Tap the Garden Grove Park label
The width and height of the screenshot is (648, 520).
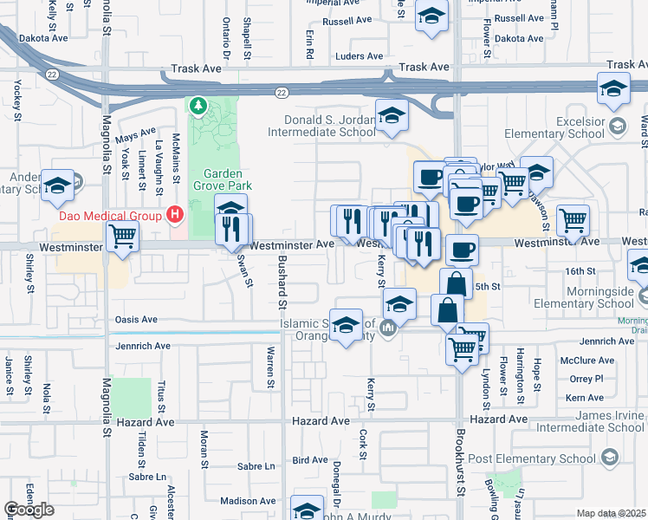point(216,179)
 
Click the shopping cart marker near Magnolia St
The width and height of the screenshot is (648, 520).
point(122,235)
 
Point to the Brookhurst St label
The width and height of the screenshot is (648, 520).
point(461,467)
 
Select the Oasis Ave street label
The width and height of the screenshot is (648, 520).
point(136,320)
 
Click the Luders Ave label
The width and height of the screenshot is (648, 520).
point(359,56)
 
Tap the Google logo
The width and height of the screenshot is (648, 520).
point(29,509)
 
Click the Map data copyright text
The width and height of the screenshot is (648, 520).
point(611,513)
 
